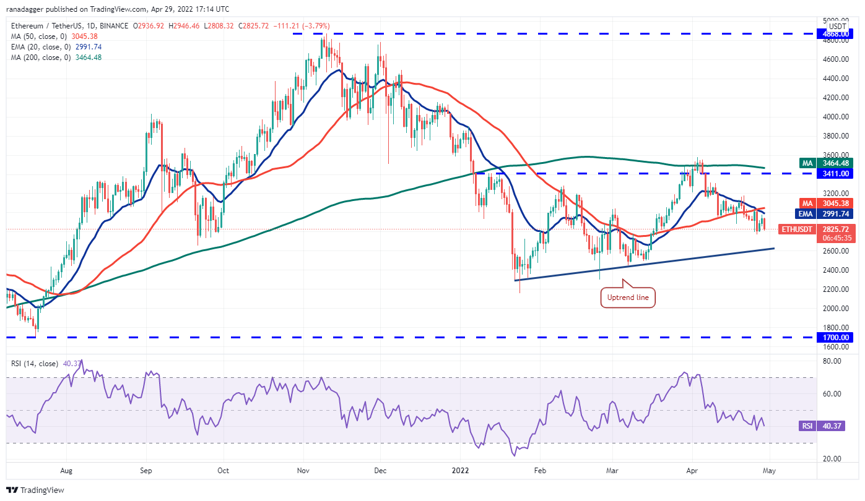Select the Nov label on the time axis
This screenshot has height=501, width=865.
(x=303, y=470)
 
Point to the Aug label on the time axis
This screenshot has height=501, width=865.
(x=66, y=470)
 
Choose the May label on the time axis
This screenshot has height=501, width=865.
(x=770, y=470)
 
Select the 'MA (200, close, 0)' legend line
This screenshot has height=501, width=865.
(x=56, y=58)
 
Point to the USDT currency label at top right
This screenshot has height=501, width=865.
(x=838, y=26)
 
